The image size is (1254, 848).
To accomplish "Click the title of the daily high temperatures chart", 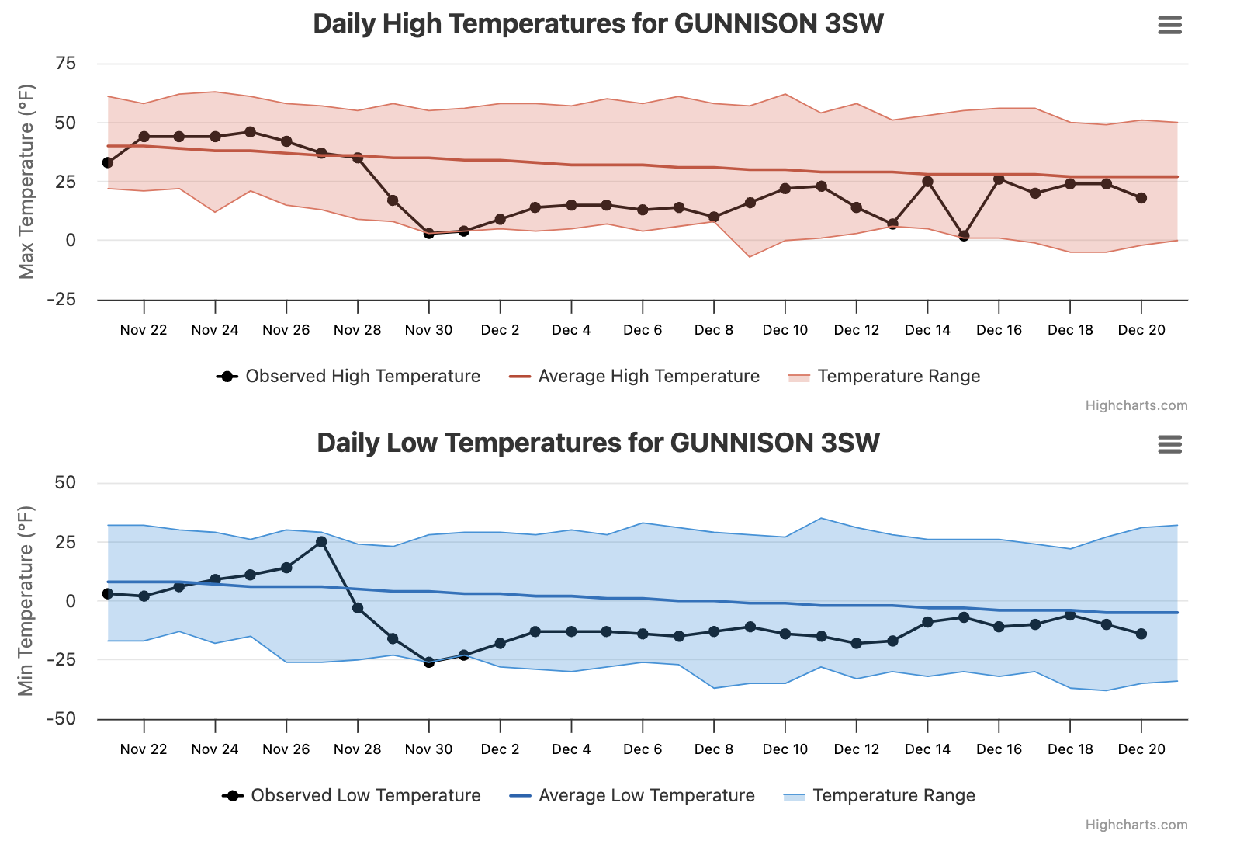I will coord(598,24).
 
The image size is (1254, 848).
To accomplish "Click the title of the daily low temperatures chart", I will coord(598,443).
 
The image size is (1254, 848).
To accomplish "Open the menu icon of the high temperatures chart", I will coord(1169,26).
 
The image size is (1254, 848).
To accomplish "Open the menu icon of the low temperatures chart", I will coord(1169,445).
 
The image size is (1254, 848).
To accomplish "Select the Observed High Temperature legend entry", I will coord(348,377).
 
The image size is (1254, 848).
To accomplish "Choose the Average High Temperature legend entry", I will coord(635,377).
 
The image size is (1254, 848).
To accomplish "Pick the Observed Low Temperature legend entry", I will coord(352,796).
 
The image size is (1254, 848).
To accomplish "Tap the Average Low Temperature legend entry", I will coord(632,796).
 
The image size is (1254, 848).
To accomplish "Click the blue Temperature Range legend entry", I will coord(879,796).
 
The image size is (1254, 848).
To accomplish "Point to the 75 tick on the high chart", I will coord(66,64).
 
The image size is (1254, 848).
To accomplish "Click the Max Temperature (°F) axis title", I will coord(26,182).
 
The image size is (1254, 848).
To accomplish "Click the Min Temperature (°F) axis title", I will coord(26,601).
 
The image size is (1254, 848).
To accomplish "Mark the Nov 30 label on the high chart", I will coord(428,330).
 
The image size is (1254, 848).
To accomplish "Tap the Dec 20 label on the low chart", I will coord(1141,749).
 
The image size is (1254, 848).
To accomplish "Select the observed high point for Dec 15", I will coord(964,235).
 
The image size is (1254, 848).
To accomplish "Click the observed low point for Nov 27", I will coord(321,542).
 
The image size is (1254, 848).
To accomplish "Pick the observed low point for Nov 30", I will coord(428,662).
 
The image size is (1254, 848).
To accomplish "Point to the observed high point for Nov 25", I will coord(250,132).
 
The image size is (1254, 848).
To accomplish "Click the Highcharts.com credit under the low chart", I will coord(1136,825).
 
